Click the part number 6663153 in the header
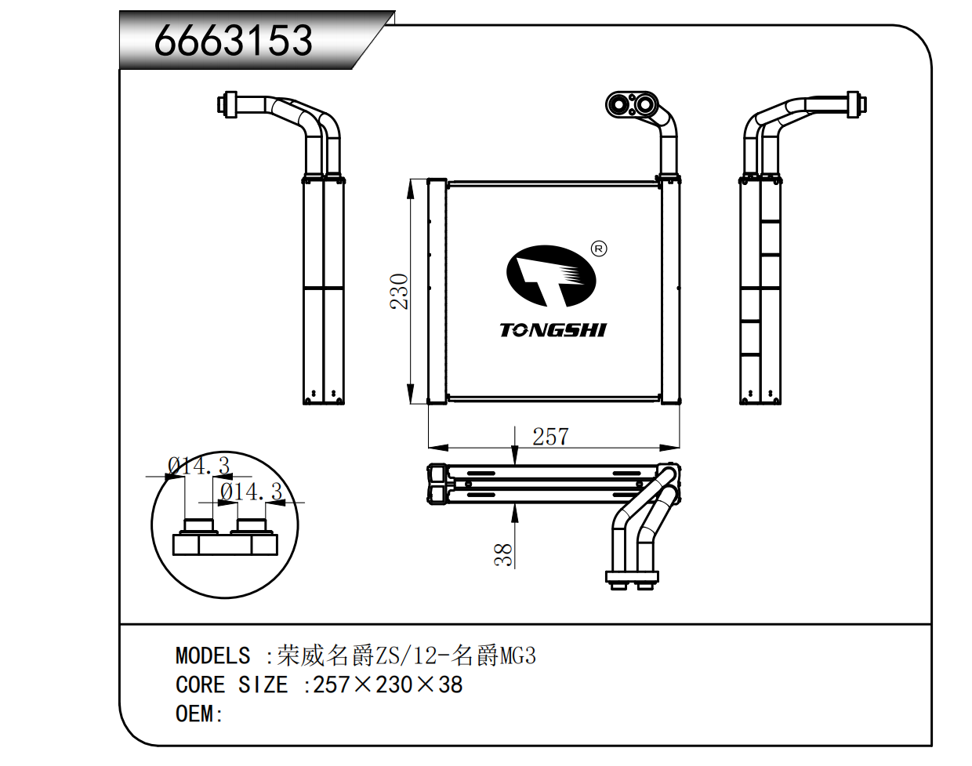pos(234,41)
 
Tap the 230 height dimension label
pos(400,291)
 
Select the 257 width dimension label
pos(550,437)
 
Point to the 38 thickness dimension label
pos(503,554)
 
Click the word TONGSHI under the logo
pos(553,330)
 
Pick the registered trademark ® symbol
pos(599,249)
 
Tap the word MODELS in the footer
pos(212,655)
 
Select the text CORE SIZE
pos(232,685)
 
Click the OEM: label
pos(199,714)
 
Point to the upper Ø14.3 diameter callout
pos(199,466)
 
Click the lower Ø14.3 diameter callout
pos(251,492)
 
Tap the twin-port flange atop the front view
pos(632,104)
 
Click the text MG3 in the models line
pos(518,655)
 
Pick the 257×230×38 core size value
pos(388,685)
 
